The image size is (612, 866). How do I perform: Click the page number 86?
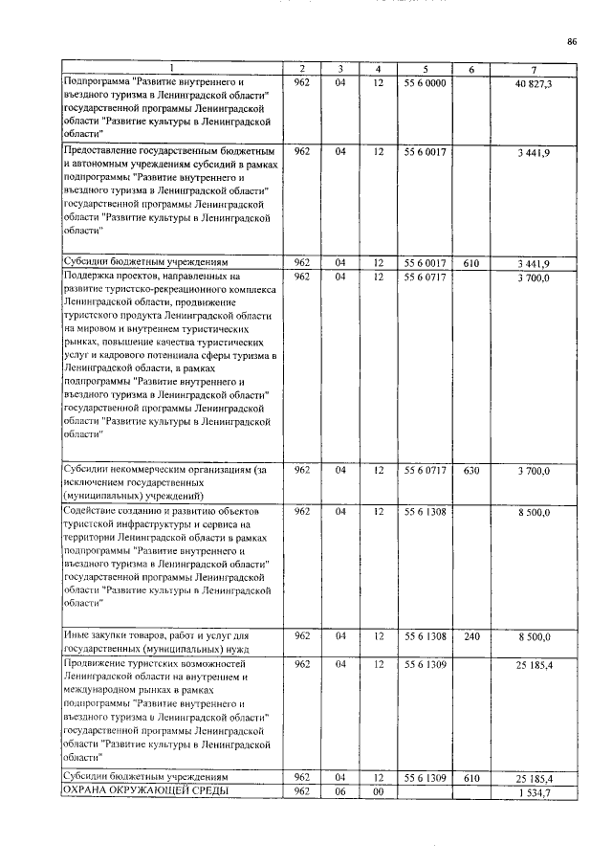572,41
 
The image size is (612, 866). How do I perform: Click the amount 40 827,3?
534,83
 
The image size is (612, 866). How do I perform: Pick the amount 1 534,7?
534,793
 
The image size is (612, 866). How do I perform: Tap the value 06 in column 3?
339,792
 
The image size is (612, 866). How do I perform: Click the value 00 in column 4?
379,792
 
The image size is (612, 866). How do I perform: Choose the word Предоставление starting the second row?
104,151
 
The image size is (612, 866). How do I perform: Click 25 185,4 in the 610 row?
534,778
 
